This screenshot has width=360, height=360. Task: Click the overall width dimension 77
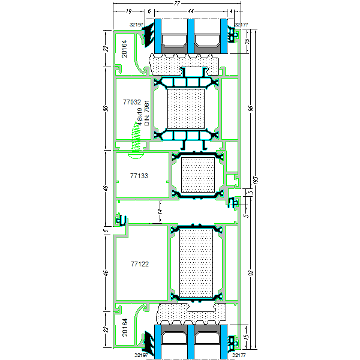click(x=177, y=4)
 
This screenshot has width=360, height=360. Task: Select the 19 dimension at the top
click(x=129, y=12)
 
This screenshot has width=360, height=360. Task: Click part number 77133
click(x=139, y=176)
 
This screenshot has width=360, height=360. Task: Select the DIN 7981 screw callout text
click(x=146, y=113)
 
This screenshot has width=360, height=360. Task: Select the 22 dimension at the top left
click(x=106, y=49)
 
